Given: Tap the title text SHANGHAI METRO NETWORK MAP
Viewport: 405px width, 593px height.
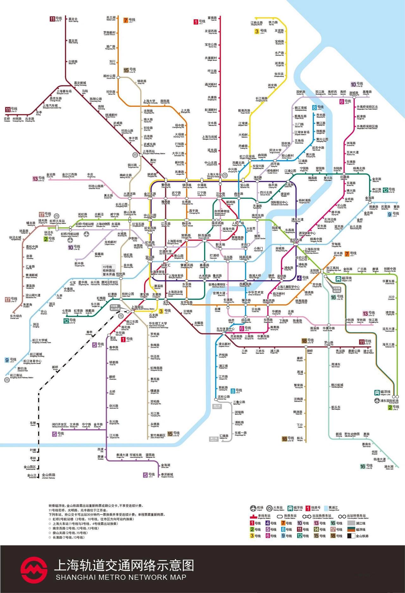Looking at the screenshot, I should [121, 577].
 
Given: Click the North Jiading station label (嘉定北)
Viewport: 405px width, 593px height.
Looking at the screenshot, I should [73, 20].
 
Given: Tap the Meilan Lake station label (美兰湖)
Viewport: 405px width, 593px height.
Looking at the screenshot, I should [111, 18].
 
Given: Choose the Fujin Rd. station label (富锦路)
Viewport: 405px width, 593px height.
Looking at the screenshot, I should [212, 18].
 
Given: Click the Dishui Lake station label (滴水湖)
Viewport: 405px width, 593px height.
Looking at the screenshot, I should [389, 467].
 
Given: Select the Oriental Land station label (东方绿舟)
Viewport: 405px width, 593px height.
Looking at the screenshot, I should [16, 316].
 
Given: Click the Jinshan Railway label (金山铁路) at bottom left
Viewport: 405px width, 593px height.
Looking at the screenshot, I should [49, 475].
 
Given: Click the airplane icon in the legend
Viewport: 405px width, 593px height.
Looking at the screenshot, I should [253, 508].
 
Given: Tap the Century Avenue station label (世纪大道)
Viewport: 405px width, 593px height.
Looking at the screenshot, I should [296, 240].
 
